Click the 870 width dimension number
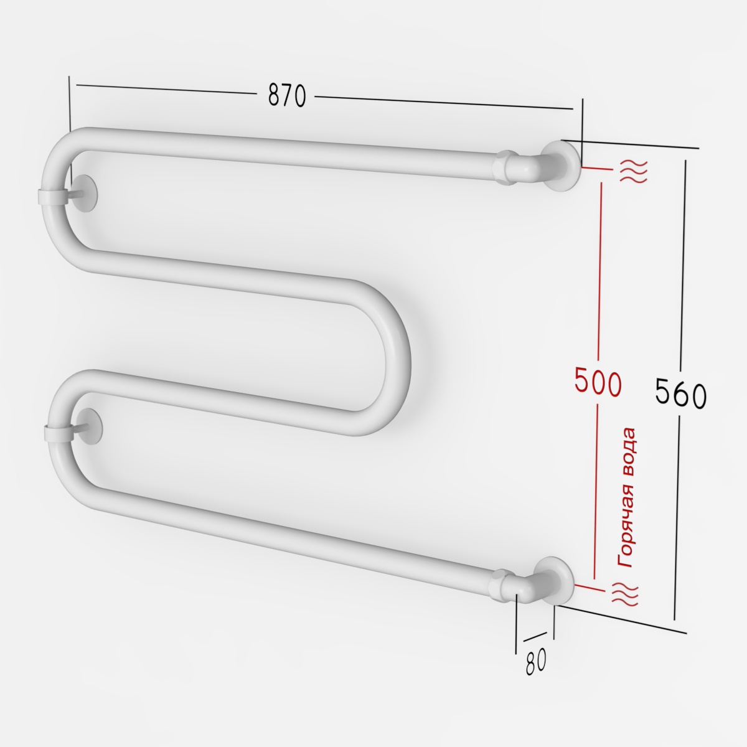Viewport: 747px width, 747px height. click(x=287, y=95)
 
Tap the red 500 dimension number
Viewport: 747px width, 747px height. click(x=598, y=383)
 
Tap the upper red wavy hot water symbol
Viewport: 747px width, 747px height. click(x=634, y=171)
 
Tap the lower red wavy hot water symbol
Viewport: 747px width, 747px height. click(x=624, y=593)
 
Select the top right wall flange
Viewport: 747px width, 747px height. click(x=562, y=165)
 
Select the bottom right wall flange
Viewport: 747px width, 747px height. click(x=554, y=581)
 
